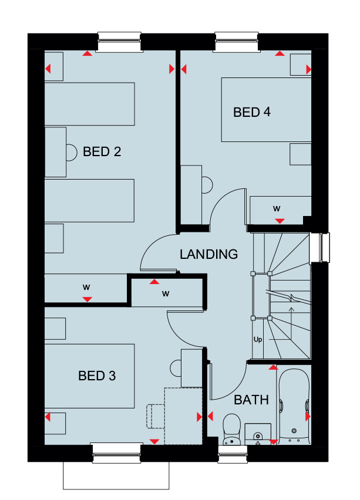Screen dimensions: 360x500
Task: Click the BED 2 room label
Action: [102, 152]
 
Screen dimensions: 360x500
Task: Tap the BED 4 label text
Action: [252, 112]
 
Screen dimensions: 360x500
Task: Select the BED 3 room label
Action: [97, 376]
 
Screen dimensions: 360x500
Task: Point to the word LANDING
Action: [208, 254]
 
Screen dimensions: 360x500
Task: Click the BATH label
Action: [251, 400]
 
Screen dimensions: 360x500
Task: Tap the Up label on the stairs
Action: [258, 340]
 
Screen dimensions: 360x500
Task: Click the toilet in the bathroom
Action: [232, 429]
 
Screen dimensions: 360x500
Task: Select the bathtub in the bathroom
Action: [294, 406]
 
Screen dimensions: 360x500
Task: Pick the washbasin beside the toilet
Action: [258, 434]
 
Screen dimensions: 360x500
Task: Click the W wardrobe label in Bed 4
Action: [277, 209]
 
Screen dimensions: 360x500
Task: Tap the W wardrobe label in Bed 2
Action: [86, 288]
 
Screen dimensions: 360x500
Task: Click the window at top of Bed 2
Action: [119, 42]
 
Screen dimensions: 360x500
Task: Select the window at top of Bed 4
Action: [237, 42]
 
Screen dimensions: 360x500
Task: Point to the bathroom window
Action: [233, 454]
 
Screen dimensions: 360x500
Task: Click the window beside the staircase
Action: [320, 248]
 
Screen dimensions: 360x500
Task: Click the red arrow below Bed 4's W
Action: [280, 221]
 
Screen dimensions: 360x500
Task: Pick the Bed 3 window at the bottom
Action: [116, 453]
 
